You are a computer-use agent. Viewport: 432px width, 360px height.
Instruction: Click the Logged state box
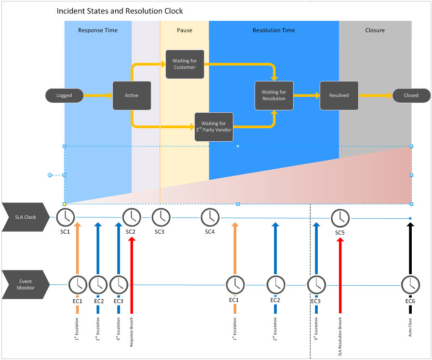[64, 95]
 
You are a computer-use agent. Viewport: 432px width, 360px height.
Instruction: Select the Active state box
[132, 95]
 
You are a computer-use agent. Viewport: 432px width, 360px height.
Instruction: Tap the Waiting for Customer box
[185, 64]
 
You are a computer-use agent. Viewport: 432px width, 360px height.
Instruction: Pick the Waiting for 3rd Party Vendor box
[214, 127]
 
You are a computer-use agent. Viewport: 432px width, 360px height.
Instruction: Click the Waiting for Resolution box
[274, 95]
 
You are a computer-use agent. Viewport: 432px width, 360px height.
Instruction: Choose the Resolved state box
[339, 95]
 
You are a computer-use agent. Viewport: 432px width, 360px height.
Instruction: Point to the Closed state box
[411, 95]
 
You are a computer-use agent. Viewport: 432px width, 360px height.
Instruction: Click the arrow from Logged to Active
[98, 95]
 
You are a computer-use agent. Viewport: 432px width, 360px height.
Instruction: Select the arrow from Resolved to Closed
[375, 95]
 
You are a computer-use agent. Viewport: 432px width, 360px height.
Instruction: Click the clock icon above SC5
[340, 218]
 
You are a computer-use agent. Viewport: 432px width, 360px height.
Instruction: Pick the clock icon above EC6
[410, 285]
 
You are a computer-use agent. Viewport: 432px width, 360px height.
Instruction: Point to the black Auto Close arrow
[410, 248]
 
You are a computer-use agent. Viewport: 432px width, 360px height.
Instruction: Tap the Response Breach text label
[132, 332]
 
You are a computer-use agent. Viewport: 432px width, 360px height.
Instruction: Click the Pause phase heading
[184, 30]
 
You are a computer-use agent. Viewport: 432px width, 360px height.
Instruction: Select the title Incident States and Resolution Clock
[120, 11]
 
